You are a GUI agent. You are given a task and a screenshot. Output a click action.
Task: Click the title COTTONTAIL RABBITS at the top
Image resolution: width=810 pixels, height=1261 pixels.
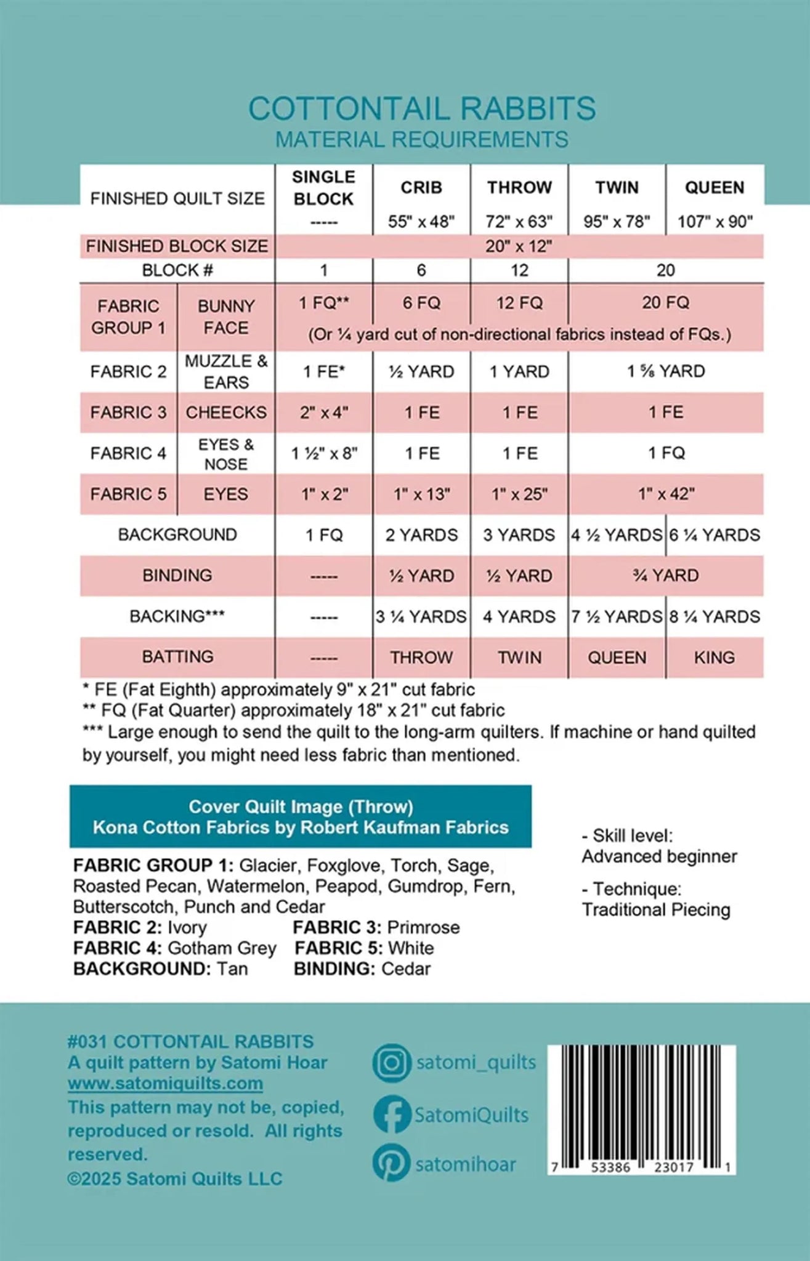pos(422,109)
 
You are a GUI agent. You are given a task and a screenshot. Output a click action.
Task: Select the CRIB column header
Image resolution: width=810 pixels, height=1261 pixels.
pos(421,188)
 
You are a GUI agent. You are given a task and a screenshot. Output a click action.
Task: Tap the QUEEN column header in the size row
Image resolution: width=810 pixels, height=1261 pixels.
pos(715,188)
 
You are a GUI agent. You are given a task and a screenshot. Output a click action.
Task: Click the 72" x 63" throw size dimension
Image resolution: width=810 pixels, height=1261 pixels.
pos(519,221)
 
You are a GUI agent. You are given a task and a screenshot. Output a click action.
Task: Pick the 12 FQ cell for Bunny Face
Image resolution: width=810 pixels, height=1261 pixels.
pos(519,303)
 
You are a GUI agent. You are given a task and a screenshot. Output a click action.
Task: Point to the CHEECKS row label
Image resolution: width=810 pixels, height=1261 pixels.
pos(226,413)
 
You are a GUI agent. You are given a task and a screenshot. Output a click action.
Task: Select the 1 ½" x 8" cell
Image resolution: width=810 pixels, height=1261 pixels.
pos(324,454)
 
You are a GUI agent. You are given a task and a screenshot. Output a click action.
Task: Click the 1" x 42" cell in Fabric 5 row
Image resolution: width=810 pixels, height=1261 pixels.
pos(666,494)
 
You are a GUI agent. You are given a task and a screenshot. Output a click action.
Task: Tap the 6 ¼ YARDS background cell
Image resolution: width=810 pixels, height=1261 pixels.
pos(715,535)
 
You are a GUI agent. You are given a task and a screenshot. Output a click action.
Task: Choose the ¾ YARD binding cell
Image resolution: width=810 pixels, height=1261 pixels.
pos(666,576)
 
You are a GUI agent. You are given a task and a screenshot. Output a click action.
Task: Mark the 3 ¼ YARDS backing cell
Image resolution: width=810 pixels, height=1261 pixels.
pos(421,617)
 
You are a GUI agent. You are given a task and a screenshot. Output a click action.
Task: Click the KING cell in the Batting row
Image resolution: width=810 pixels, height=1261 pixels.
pos(715,658)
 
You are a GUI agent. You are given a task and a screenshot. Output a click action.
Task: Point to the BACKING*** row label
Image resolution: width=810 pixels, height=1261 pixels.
pos(177,617)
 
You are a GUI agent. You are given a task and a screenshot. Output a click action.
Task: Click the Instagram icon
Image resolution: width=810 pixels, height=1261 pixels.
pos(391,1063)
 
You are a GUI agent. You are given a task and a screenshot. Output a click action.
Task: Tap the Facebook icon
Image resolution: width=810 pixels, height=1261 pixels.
pos(391,1114)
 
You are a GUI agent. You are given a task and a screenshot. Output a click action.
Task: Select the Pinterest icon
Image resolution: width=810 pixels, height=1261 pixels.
pos(391,1163)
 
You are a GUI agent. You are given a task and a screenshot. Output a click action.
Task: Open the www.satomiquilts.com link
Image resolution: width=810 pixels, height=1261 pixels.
pos(165,1084)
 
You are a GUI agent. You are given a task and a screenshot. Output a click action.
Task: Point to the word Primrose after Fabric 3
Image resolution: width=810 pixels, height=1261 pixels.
pos(423,927)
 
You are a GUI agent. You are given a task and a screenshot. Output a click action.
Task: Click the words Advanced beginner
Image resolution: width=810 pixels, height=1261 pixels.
pos(659,856)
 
